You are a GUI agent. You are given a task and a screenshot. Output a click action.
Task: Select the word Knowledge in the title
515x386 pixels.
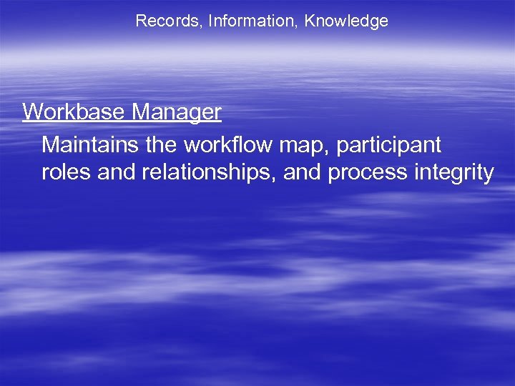[346, 21]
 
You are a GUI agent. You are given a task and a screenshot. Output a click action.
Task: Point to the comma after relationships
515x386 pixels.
[276, 179]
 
